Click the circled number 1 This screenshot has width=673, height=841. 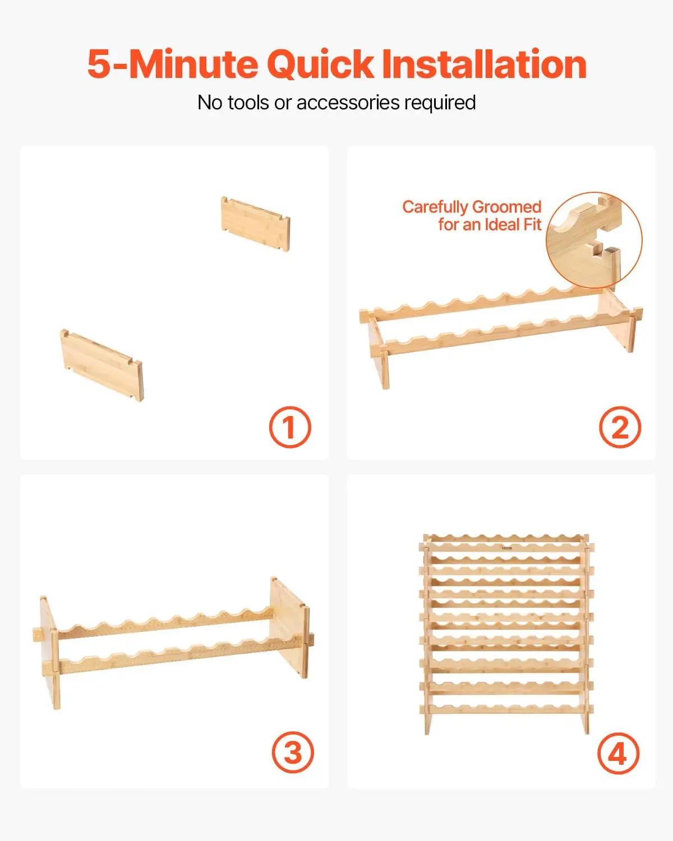tap(290, 427)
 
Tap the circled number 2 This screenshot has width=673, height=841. tap(620, 427)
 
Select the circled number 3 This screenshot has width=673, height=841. tap(293, 752)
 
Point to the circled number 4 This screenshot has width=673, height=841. tap(618, 754)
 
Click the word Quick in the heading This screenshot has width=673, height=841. tap(321, 64)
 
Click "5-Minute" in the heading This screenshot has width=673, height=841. tap(172, 64)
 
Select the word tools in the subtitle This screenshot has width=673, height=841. tap(248, 103)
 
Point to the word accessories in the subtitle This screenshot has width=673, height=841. tap(348, 103)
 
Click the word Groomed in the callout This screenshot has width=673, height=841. tap(506, 207)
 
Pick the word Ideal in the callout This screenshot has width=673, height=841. tap(501, 225)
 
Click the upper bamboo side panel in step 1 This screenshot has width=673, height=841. tap(256, 224)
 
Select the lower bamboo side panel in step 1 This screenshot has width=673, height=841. tap(102, 364)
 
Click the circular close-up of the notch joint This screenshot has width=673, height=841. tap(594, 240)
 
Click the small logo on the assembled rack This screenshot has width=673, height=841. tap(506, 548)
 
